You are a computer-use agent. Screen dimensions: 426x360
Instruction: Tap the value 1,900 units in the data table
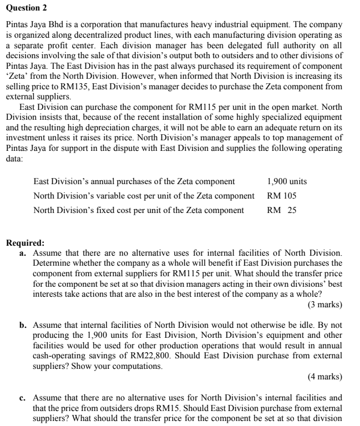pos(287,181)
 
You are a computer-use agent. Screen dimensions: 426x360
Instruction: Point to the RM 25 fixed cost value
pos(282,210)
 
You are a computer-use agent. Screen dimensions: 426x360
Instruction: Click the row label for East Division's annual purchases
pos(134,181)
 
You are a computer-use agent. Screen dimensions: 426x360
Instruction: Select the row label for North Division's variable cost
pos(144,196)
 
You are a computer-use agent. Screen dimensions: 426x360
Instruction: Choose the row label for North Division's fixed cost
pos(139,210)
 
